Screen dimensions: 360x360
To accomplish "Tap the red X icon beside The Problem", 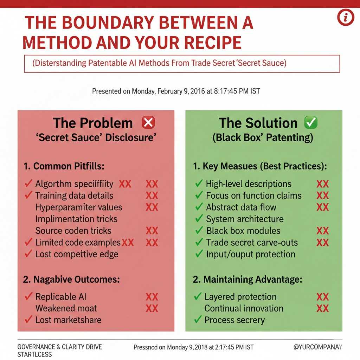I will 148,123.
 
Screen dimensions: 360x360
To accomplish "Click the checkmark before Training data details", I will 28,195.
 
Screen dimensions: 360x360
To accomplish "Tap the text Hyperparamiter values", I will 79,207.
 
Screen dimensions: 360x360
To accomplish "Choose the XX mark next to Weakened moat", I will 152,309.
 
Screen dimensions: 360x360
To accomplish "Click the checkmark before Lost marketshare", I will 28,320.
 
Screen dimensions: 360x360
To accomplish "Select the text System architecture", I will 245,219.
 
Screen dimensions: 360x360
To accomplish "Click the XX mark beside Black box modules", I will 322,231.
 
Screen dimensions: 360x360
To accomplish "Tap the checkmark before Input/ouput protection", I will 199,254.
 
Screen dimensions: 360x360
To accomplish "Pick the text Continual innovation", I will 244,308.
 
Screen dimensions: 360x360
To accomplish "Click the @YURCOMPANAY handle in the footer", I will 318,347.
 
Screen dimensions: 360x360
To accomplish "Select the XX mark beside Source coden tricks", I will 152,231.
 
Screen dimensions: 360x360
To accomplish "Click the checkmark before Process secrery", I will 198,320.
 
